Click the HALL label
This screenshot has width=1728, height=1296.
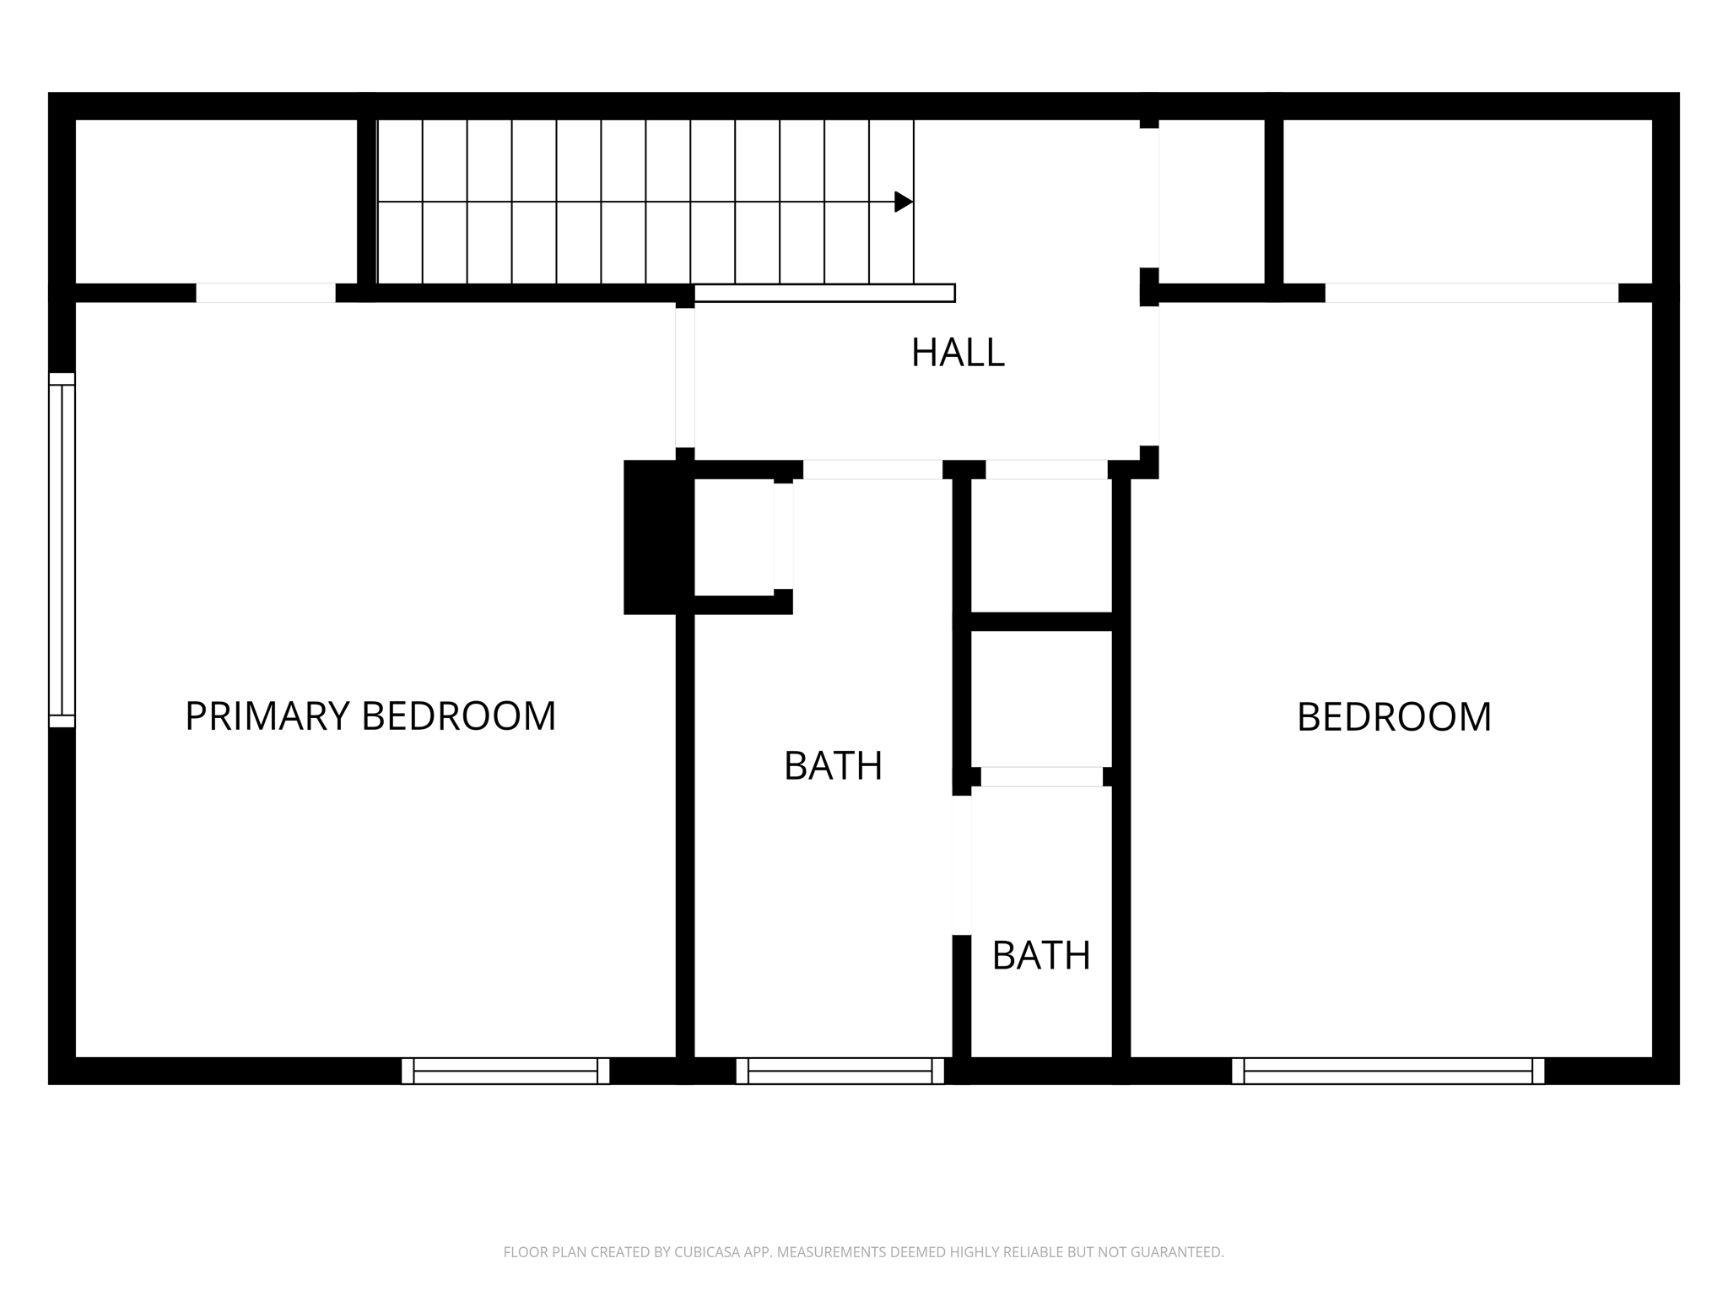tap(958, 353)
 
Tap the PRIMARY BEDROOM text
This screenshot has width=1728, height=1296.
tap(370, 716)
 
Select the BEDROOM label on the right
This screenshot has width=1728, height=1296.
tap(1394, 717)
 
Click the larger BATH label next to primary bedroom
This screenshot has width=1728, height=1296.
tap(833, 766)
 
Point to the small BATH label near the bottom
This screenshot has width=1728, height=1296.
tap(1041, 956)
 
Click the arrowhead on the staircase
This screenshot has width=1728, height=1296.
tap(903, 202)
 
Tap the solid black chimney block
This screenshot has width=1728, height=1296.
tap(650, 537)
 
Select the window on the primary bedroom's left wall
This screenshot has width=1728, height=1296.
tap(62, 549)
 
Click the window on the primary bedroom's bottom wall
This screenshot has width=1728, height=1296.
tap(505, 1071)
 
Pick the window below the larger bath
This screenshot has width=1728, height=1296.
tap(840, 1071)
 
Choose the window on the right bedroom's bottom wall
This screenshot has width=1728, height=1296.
tap(1388, 1071)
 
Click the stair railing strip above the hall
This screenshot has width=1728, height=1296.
tap(824, 293)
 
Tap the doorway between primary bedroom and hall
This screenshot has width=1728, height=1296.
tap(685, 377)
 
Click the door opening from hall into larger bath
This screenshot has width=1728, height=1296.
tap(872, 470)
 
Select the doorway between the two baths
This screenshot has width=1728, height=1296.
tap(962, 865)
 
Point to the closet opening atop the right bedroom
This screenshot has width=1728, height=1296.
tap(1471, 293)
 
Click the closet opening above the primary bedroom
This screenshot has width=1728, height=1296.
tap(266, 293)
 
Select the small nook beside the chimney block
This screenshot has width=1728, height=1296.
tap(733, 537)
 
